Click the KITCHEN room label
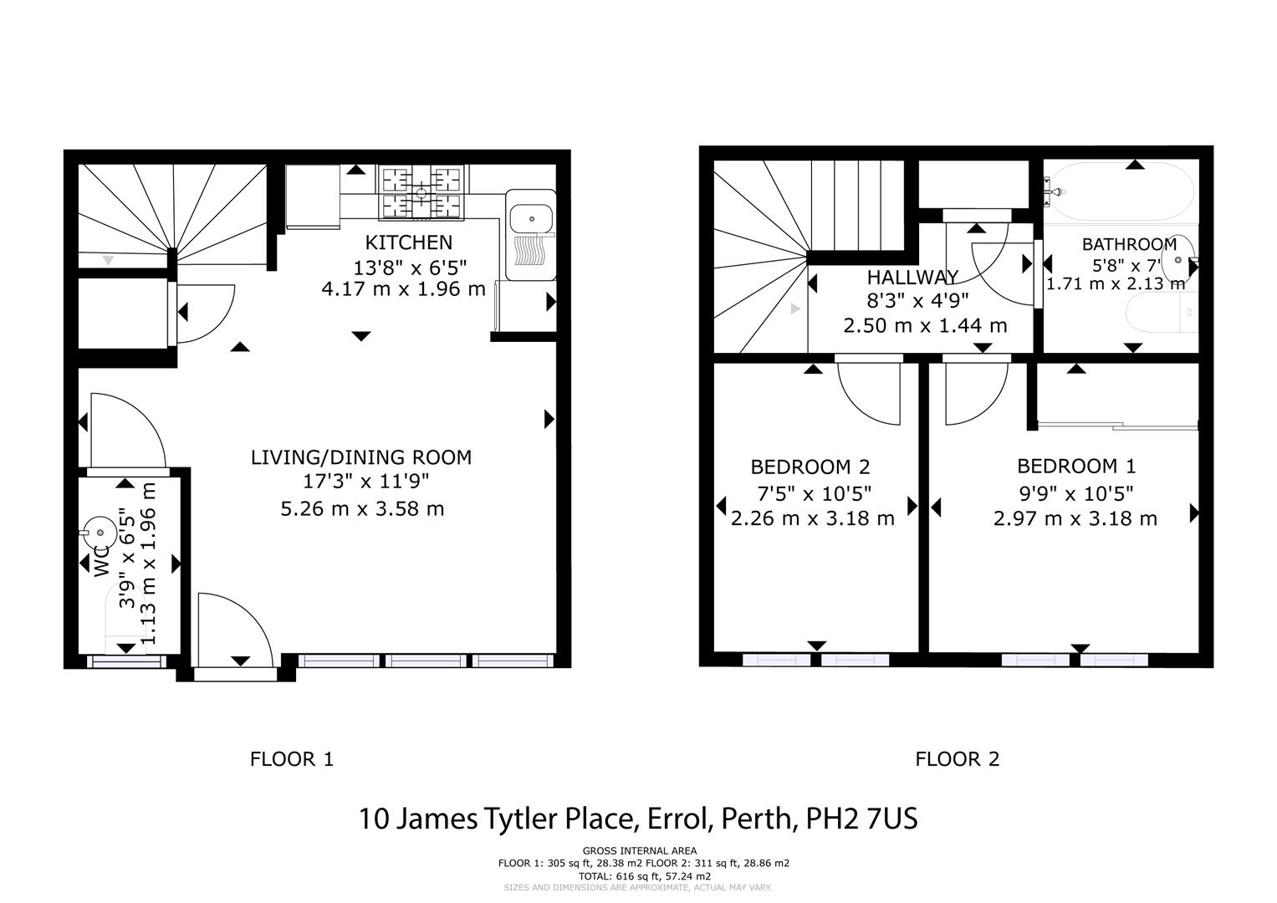[408, 242]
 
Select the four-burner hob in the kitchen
[421, 194]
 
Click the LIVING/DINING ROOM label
[360, 457]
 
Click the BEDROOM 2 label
[810, 467]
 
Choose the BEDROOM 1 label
[1075, 466]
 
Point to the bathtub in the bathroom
[1121, 193]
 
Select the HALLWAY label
[912, 278]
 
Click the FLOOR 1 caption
[291, 759]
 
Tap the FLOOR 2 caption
[957, 759]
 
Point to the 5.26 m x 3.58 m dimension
[361, 508]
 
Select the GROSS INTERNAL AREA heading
[639, 851]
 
